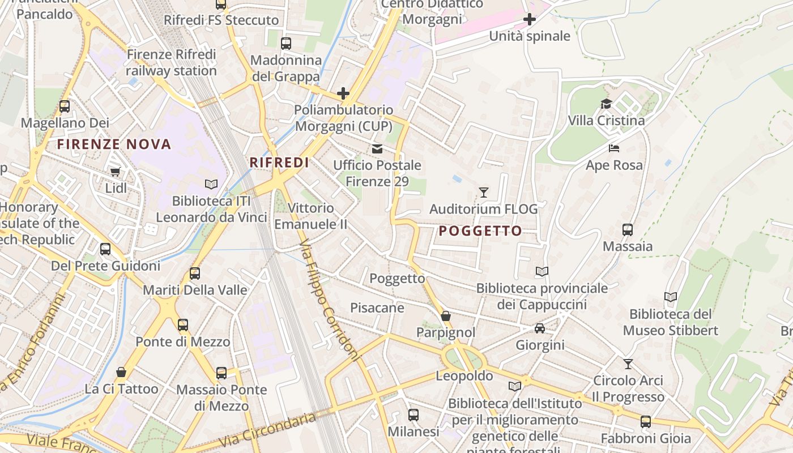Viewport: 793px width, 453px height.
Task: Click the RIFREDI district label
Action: point(279,163)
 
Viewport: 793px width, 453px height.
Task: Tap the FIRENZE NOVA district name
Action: point(114,144)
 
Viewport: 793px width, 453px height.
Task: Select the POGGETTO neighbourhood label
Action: point(480,231)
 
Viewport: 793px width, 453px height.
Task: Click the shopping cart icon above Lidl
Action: point(116,172)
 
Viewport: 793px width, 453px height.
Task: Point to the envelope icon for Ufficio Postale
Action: point(377,149)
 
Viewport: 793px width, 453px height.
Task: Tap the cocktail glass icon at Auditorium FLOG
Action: point(483,193)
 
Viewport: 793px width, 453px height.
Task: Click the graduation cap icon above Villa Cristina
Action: point(606,104)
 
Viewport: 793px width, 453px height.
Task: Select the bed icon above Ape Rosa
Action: point(614,148)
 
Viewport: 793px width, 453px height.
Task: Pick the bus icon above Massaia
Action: point(628,230)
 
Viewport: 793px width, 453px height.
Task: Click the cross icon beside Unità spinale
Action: point(530,20)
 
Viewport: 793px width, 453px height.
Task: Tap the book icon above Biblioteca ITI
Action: point(211,185)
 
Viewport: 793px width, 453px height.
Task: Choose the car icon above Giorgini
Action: point(540,328)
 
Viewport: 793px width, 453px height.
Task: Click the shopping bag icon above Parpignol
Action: point(446,316)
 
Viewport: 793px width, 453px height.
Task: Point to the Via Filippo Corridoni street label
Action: point(330,300)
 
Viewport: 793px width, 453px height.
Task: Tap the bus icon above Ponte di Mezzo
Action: point(182,325)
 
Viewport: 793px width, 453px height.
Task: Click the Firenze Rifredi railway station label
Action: point(171,63)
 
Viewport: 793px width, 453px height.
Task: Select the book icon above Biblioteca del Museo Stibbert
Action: point(671,297)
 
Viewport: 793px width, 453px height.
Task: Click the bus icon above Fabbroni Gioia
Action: point(646,422)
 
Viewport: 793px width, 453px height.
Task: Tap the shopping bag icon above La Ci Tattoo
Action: point(121,372)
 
